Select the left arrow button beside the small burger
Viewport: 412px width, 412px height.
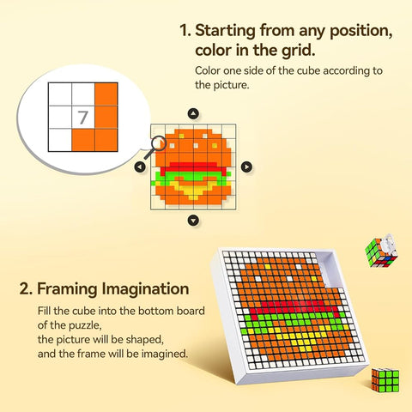tap(140, 167)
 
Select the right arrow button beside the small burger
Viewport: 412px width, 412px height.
tap(246, 167)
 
